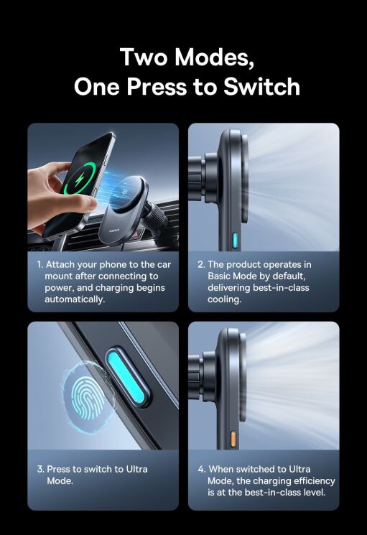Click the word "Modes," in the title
click(x=214, y=57)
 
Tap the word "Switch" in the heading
click(x=261, y=86)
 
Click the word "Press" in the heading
click(x=157, y=86)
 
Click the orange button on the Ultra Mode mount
click(x=233, y=439)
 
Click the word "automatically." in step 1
click(x=75, y=299)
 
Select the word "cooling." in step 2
click(x=224, y=299)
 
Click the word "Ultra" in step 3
click(x=136, y=469)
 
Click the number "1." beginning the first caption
click(x=40, y=265)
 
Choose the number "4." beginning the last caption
click(x=201, y=470)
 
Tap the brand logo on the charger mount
click(x=114, y=231)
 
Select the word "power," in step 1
click(x=60, y=288)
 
